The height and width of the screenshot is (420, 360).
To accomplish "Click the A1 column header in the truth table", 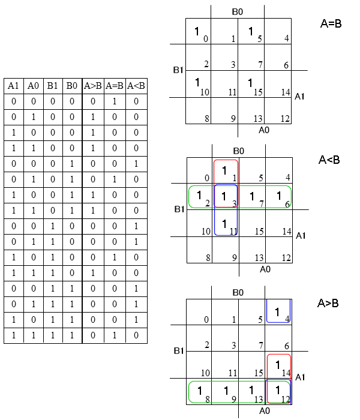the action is (x=13, y=86).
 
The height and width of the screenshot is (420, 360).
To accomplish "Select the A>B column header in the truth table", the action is (x=92, y=86).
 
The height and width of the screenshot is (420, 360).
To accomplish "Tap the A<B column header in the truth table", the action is (x=136, y=86).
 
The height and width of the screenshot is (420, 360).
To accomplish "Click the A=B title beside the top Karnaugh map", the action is (x=331, y=24).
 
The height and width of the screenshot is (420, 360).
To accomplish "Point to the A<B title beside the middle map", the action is (x=329, y=160).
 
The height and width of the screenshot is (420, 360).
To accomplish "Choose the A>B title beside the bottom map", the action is (x=328, y=303).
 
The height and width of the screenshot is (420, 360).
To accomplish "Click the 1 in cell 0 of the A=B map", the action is (x=197, y=31).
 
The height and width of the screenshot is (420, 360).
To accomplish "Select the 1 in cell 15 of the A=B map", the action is (x=250, y=83).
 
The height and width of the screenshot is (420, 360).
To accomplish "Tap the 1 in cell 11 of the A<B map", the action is (x=224, y=224).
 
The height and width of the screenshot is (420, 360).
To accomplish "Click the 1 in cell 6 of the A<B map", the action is (x=279, y=196).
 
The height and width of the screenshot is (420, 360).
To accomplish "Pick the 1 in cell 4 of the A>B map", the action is (x=277, y=312).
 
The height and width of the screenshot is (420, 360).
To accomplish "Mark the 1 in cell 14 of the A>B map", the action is (x=278, y=365).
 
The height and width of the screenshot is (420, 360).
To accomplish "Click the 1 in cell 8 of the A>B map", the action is (x=200, y=391).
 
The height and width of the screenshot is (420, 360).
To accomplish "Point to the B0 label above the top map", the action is (x=238, y=12).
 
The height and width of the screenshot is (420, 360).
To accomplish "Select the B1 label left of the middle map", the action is (x=179, y=209).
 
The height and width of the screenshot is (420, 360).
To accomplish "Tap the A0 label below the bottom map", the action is (x=265, y=410).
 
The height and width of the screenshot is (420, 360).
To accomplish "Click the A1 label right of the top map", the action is (x=299, y=97).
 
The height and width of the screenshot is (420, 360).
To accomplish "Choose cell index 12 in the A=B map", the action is (x=285, y=119).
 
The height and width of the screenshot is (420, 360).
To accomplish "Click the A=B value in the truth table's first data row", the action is (x=115, y=101).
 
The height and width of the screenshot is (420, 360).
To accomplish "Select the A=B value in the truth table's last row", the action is (x=115, y=335).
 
